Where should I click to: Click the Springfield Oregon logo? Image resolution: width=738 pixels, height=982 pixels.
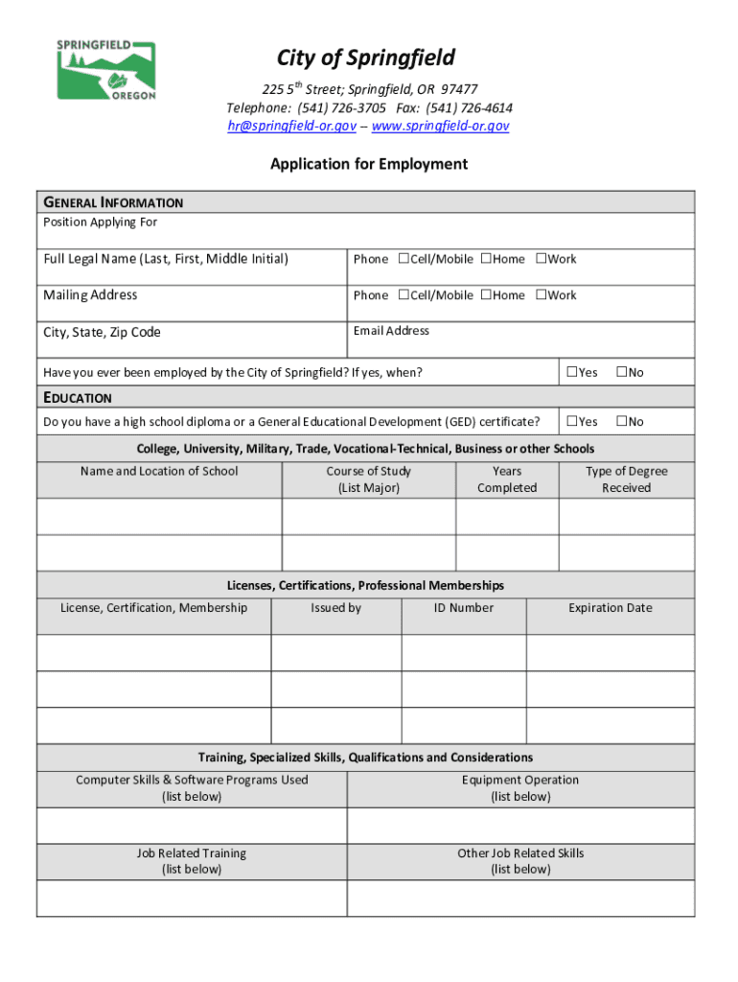click(x=105, y=70)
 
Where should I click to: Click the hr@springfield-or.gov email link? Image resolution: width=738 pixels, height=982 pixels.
click(x=291, y=126)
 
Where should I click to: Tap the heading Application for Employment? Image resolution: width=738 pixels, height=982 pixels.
click(x=369, y=164)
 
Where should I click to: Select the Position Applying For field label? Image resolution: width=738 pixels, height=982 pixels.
click(x=100, y=222)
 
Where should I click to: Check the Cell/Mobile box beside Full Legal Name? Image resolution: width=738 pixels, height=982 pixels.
click(x=404, y=258)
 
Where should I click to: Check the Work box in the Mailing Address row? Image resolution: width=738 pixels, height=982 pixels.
click(x=541, y=294)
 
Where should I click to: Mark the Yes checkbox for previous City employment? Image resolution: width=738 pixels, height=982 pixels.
click(x=572, y=371)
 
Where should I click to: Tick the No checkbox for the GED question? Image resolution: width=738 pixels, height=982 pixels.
click(x=620, y=421)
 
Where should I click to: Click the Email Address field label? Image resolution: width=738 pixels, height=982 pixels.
click(x=391, y=331)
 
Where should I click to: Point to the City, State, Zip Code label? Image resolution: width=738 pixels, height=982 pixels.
click(x=102, y=332)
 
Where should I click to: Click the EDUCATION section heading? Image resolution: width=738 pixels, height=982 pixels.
click(x=78, y=397)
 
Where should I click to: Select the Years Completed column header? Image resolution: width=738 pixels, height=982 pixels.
click(x=507, y=479)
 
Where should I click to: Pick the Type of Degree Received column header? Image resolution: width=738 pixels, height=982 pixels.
click(x=627, y=479)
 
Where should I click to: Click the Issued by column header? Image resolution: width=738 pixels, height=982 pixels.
click(x=335, y=608)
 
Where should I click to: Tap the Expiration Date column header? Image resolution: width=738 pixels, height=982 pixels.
click(x=610, y=608)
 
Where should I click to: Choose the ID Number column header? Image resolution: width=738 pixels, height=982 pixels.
click(x=464, y=608)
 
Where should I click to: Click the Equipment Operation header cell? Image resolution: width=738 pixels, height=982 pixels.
click(x=520, y=788)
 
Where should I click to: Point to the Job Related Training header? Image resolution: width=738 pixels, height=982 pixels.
click(x=192, y=861)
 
